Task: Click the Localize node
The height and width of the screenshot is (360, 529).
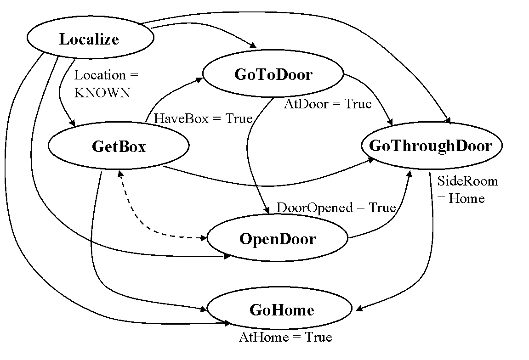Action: click(90, 39)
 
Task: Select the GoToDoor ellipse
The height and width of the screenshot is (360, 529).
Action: click(273, 74)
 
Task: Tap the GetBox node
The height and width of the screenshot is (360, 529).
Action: click(119, 146)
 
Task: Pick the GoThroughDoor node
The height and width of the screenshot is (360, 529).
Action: click(431, 146)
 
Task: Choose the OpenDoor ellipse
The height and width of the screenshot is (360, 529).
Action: click(278, 239)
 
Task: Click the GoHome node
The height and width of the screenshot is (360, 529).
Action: click(281, 309)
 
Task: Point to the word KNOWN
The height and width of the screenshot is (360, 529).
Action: click(102, 93)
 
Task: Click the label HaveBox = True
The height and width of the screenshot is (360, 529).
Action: click(203, 118)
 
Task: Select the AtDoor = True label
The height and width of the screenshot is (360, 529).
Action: click(327, 104)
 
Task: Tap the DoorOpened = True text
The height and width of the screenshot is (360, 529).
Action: click(336, 208)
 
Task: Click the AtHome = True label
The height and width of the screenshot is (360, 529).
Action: click(285, 337)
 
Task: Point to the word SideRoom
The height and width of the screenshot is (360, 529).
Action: click(467, 181)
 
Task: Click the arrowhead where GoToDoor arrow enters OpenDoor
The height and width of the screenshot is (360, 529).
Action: click(266, 211)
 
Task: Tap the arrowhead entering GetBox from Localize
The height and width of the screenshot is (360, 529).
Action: click(73, 123)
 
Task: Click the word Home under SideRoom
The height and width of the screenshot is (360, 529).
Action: click(466, 198)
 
